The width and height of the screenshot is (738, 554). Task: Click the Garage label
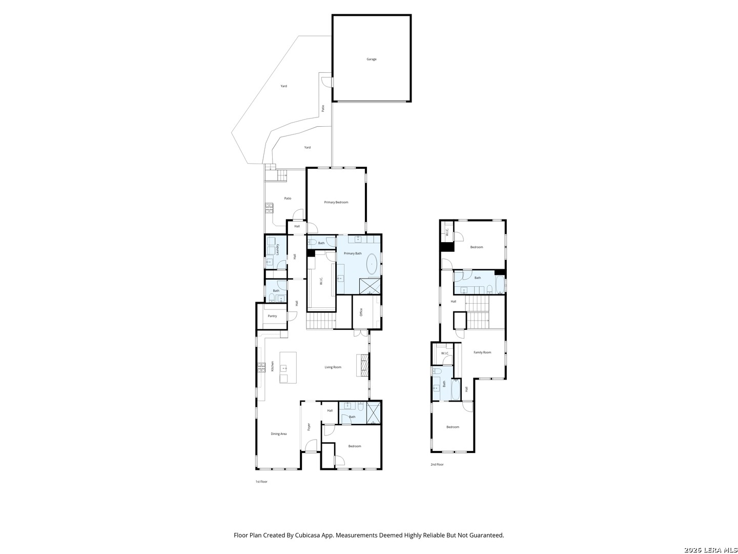point(371,59)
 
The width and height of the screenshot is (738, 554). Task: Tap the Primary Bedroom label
point(336,202)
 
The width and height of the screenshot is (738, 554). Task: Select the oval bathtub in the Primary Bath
point(371,264)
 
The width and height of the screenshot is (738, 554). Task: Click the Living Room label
point(333,367)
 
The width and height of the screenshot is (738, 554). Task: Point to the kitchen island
point(288,367)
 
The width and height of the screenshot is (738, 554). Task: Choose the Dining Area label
point(279,433)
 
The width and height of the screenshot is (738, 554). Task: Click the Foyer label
point(309,426)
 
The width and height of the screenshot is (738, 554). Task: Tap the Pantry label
point(272,316)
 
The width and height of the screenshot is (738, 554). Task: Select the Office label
point(361,312)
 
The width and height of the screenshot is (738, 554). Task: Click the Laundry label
point(277,249)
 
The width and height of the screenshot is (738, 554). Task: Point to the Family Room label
point(482,352)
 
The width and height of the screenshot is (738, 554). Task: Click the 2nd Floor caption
point(437,464)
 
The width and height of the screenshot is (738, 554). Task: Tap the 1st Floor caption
point(261,481)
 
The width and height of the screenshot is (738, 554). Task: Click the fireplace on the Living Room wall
point(364,365)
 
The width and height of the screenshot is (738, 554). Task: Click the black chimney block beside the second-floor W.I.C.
point(447,247)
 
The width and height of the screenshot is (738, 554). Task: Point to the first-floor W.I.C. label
point(321,281)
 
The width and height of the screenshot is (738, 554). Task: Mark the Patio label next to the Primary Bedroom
point(288,198)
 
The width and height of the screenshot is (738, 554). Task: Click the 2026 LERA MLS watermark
point(710,549)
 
